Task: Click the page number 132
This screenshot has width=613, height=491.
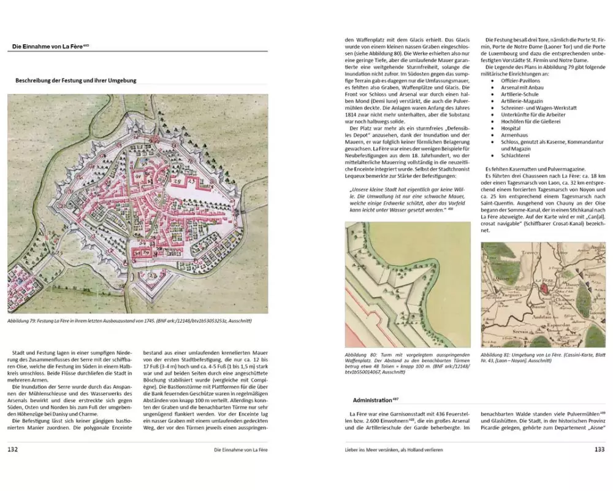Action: pos(14,449)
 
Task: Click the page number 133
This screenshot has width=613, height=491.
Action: pos(600,449)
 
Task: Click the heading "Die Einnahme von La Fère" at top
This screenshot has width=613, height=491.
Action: pos(49,47)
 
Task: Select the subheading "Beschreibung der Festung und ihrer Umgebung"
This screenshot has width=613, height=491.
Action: pos(75,80)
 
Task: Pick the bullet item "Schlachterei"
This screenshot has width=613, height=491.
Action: pos(517,157)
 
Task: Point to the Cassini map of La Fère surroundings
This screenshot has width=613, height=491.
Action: pos(543,295)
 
